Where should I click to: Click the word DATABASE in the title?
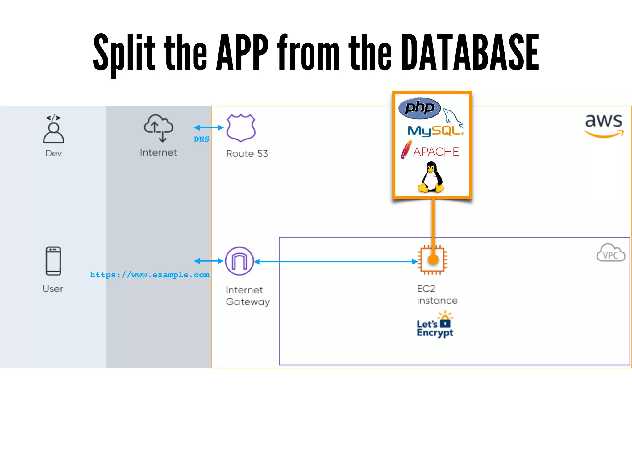pyautogui.click(x=470, y=52)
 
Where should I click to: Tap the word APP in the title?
pyautogui.click(x=242, y=52)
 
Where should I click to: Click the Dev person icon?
pyautogui.click(x=54, y=130)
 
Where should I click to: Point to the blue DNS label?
pyautogui.click(x=201, y=139)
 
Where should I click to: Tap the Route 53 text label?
pyautogui.click(x=247, y=153)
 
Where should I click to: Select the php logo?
pyautogui.click(x=419, y=108)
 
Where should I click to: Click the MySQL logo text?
pyautogui.click(x=434, y=131)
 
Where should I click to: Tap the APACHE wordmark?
pyautogui.click(x=436, y=152)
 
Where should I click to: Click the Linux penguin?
pyautogui.click(x=431, y=177)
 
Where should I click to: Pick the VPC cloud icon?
pyautogui.click(x=610, y=253)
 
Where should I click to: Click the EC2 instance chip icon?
pyautogui.click(x=433, y=260)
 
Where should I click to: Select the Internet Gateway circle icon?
pyautogui.click(x=239, y=261)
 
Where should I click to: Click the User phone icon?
pyautogui.click(x=53, y=261)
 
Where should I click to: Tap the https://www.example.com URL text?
pyautogui.click(x=150, y=275)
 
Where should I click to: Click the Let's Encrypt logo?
pyautogui.click(x=435, y=325)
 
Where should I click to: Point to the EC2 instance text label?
pyautogui.click(x=437, y=295)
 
